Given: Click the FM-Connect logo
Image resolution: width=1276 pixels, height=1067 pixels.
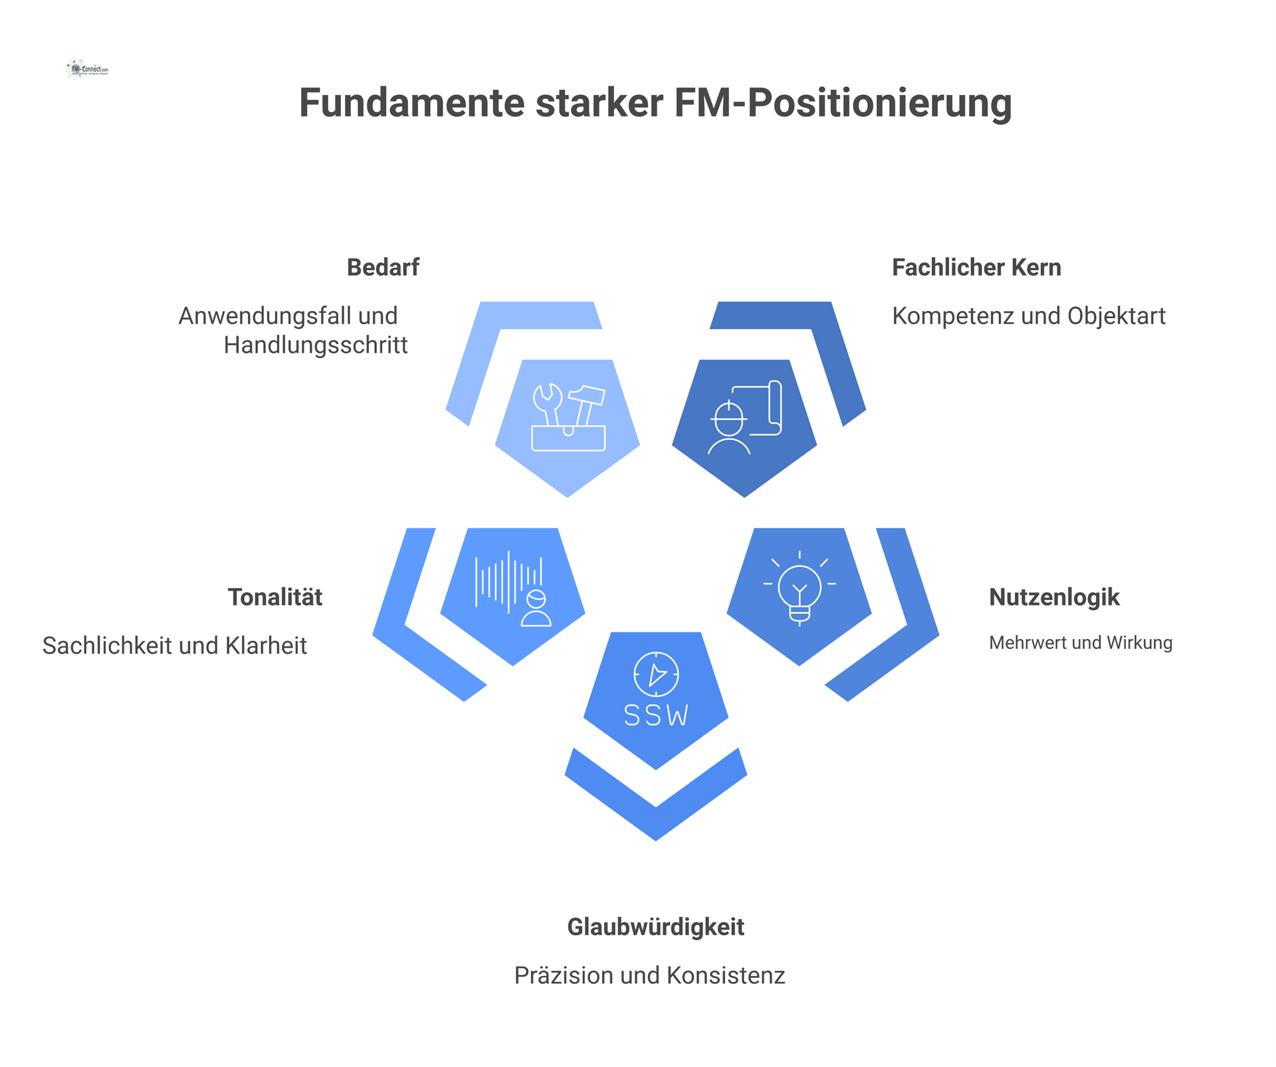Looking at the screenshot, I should point(87,68).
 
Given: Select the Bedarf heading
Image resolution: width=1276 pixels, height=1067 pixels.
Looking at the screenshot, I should point(383,267).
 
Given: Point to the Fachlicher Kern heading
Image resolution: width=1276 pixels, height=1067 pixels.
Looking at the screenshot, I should point(976,267).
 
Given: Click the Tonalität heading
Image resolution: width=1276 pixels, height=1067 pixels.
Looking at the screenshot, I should point(275,597).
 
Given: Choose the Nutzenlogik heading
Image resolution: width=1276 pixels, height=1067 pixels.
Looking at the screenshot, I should point(1054,597).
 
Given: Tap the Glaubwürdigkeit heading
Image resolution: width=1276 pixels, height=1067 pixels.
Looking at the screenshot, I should point(655,926).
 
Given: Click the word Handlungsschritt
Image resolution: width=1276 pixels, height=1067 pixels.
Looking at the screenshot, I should point(316,345).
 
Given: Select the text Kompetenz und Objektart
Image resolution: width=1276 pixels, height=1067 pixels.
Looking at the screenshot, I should point(1028,316).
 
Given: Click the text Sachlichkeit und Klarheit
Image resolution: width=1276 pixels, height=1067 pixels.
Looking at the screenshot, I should point(175,645).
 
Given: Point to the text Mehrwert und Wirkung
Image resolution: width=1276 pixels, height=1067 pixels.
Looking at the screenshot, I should point(1080,642).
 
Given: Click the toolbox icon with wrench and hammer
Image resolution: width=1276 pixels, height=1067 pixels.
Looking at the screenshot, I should point(568,417).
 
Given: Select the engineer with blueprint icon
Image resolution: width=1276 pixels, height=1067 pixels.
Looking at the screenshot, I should point(744,417).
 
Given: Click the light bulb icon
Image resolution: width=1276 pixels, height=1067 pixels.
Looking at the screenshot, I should point(799,588).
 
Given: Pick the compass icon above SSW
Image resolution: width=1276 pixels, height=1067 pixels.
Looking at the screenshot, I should point(656,674).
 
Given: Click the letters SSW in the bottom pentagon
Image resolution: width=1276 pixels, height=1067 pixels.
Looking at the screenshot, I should point(656,715).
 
